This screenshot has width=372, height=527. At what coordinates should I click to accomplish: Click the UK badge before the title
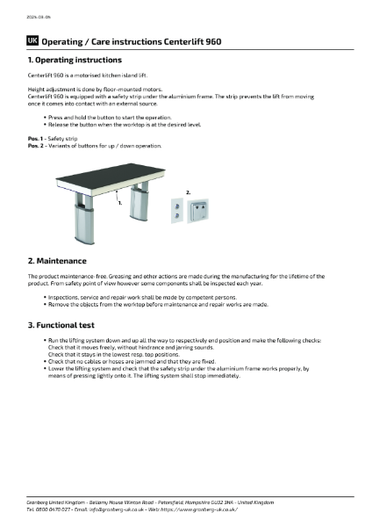32,41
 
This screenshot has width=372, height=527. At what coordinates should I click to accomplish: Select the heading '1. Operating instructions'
75,60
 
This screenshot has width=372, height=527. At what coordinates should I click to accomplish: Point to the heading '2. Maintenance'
57,261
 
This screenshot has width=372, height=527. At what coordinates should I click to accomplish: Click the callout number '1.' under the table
119,202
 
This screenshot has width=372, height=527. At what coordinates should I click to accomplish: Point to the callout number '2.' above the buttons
188,191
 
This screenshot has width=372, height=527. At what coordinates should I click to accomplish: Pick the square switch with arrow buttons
204,207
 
